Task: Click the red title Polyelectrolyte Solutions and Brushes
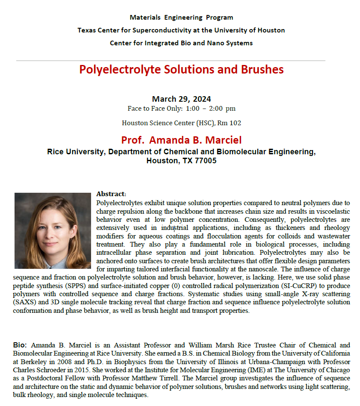pyautogui.click(x=181, y=69)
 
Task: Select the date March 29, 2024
pyautogui.click(x=181, y=99)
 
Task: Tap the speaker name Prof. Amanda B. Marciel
pyautogui.click(x=181, y=140)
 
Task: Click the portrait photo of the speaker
pyautogui.click(x=53, y=230)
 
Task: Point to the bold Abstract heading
pyautogui.click(x=111, y=194)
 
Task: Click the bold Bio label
pyautogui.click(x=20, y=345)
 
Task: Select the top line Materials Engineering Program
pyautogui.click(x=181, y=18)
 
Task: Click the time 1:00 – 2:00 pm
pyautogui.click(x=211, y=109)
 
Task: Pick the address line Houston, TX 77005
pyautogui.click(x=181, y=161)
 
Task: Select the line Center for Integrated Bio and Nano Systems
pyautogui.click(x=181, y=43)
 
